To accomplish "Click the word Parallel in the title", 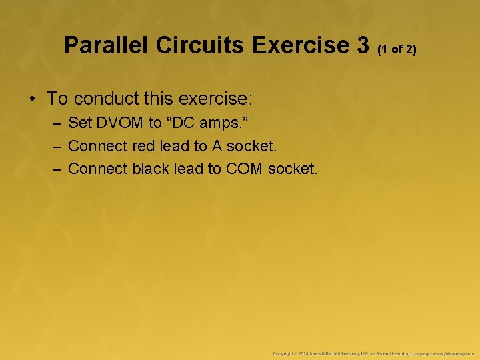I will [107, 45].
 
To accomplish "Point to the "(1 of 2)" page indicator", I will [397, 49].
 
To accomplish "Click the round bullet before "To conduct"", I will [32, 99].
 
